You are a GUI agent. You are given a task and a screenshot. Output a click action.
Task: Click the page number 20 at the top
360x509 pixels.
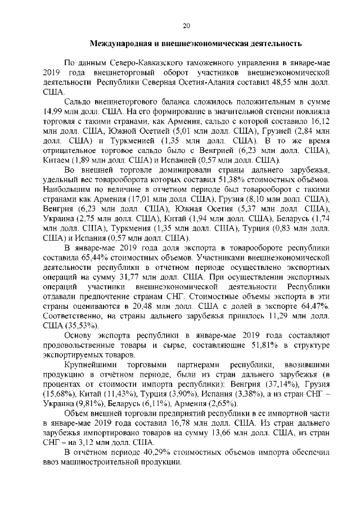187,25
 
